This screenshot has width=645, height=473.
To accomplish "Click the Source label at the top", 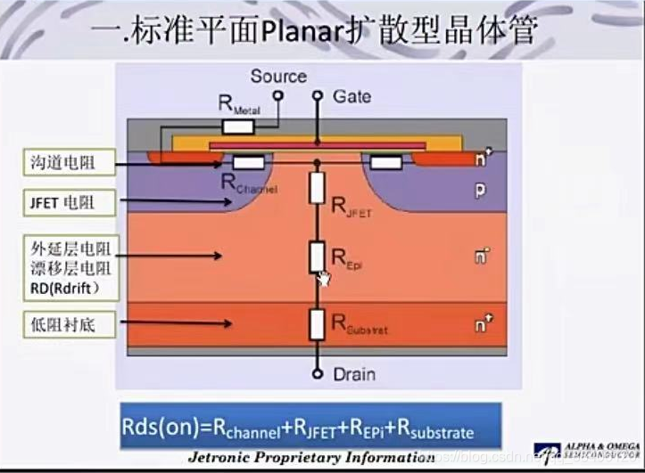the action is (x=278, y=77).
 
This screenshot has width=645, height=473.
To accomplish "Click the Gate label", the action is (x=353, y=94).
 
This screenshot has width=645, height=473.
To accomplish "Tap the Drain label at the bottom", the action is (x=353, y=374).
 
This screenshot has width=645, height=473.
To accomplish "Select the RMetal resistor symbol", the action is (x=237, y=126).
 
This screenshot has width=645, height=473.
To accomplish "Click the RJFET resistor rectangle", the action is (x=316, y=188).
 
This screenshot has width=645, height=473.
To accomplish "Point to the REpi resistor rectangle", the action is (x=316, y=257).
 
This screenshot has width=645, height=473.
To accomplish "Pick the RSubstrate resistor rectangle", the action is (x=316, y=324).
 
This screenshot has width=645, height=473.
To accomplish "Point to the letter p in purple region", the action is (x=480, y=191).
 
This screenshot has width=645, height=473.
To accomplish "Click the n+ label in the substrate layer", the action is (x=483, y=325).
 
